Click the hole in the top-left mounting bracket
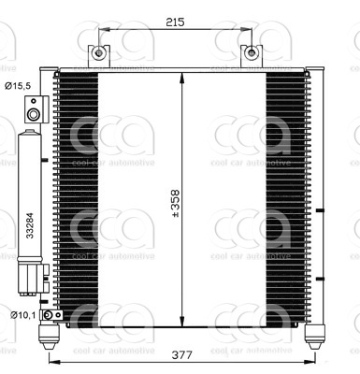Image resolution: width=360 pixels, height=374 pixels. point(97,53)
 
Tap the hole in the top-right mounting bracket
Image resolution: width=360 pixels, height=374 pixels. point(250,53)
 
